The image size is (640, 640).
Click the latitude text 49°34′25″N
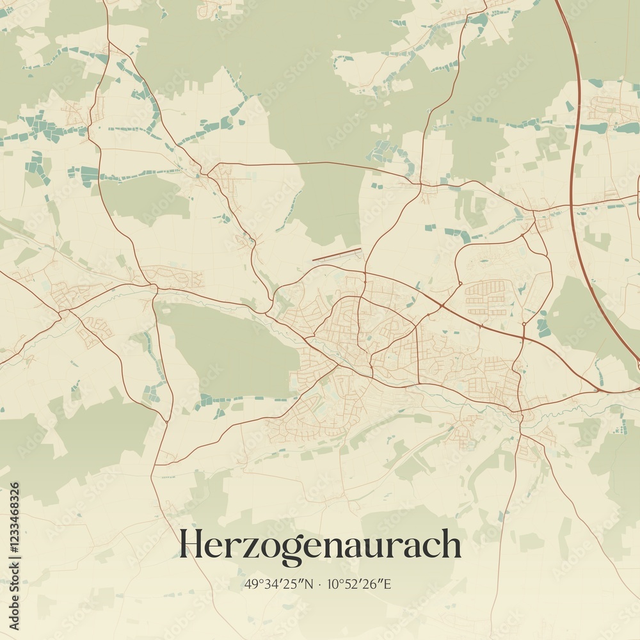coord(278,584)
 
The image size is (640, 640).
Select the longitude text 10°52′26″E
coord(359,584)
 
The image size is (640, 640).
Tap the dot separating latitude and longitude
coord(319,584)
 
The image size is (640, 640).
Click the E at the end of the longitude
coord(388,584)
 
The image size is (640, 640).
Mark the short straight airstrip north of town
coord(337,255)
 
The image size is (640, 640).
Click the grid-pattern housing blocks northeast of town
coord(487,297)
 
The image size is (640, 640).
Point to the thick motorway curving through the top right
coord(574,160)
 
